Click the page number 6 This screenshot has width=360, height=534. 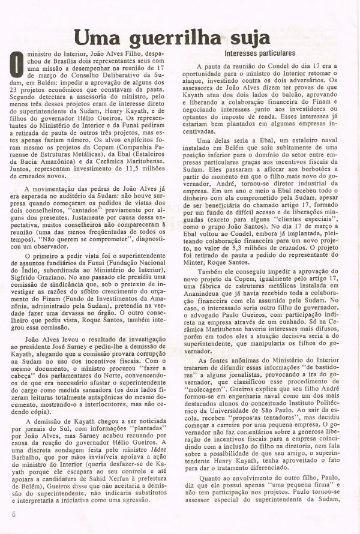pyautogui.click(x=13, y=515)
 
